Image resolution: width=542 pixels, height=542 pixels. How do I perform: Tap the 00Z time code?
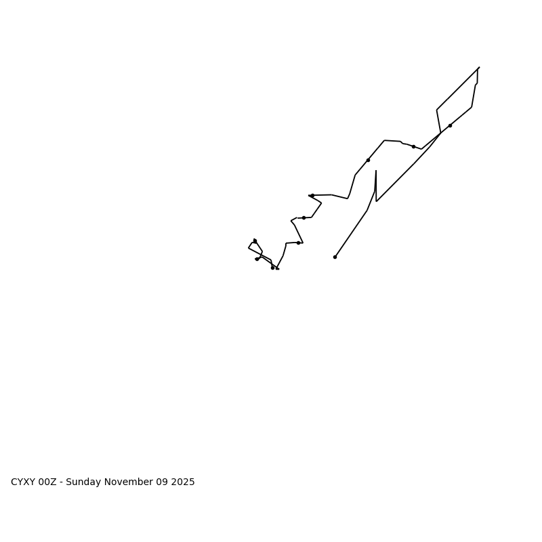tap(47, 482)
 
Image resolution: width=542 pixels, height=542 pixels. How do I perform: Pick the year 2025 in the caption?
tap(183, 482)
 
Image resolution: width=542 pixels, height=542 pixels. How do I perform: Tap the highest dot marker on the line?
tap(450, 125)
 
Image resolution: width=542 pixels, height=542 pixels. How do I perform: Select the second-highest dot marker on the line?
tap(413, 146)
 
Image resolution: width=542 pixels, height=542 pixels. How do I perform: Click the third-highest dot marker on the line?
tap(368, 160)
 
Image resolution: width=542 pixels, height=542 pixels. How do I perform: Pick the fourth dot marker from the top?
tap(312, 195)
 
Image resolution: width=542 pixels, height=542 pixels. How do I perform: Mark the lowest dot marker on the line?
tap(272, 268)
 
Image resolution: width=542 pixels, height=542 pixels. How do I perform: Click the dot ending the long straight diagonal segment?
tap(335, 257)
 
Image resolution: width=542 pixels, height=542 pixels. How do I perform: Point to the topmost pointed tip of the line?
tap(479, 68)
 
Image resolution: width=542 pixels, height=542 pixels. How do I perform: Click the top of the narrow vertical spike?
tap(376, 171)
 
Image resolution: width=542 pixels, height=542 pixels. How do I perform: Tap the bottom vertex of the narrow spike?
tap(377, 201)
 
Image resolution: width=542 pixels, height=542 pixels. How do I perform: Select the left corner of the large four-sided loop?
tap(437, 110)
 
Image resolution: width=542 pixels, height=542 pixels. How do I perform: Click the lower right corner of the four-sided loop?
tap(472, 107)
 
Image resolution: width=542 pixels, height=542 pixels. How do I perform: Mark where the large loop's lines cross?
tap(441, 133)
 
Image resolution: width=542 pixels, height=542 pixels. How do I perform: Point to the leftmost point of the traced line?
tap(249, 248)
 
